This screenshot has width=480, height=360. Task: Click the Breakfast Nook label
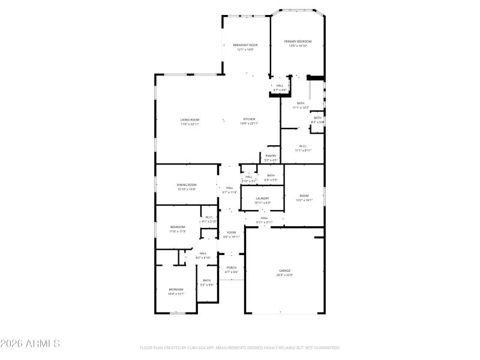(x=245, y=47)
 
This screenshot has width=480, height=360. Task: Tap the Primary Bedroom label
(x=298, y=43)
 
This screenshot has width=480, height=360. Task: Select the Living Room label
(x=190, y=122)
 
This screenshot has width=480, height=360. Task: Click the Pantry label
(x=271, y=158)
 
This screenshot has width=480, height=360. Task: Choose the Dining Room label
(x=187, y=187)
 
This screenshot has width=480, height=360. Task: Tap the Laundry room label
(x=262, y=200)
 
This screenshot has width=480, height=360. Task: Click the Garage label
(x=284, y=272)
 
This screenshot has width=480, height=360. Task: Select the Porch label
(x=232, y=270)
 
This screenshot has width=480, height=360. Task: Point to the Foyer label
(x=232, y=234)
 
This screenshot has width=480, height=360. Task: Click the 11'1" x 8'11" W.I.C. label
(x=303, y=148)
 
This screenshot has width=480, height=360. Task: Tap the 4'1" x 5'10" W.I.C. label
(x=209, y=219)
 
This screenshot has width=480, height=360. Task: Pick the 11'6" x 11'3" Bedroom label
(x=177, y=229)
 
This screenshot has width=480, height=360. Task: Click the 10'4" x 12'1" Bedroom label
(x=176, y=292)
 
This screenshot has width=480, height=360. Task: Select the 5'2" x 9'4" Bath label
(x=207, y=283)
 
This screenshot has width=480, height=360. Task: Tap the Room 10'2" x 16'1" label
(x=304, y=198)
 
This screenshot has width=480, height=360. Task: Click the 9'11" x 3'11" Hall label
(x=265, y=220)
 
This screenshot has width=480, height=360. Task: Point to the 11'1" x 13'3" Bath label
(x=300, y=105)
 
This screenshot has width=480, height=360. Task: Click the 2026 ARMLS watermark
(x=30, y=344)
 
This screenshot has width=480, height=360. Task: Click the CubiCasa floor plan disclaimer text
(x=240, y=347)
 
